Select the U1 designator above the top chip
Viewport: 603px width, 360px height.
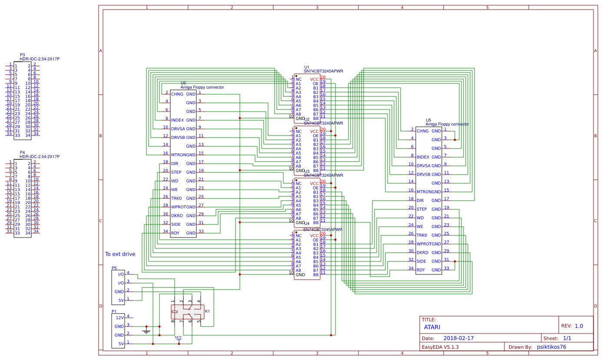pos(307,67)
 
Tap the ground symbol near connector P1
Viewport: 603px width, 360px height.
pos(146,331)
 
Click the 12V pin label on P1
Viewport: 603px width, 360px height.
pos(120,317)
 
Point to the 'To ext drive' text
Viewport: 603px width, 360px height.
pos(120,254)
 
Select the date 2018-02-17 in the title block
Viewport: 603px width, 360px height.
pos(458,338)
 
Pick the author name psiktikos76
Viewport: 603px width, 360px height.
pos(551,347)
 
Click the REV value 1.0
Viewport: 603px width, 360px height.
pos(579,326)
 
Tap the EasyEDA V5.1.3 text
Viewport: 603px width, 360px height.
pos(440,347)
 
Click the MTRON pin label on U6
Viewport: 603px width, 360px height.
pos(178,155)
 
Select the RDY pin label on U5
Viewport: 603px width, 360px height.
pos(421,270)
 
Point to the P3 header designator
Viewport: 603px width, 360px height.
pos(22,55)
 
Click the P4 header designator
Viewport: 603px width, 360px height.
pos(22,152)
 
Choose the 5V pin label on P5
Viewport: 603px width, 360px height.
pos(121,300)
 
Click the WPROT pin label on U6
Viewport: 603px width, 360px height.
pos(178,207)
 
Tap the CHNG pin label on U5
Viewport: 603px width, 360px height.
pos(422,131)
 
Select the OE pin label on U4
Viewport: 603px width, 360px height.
pos(316,240)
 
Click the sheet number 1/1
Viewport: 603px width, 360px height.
pos(567,338)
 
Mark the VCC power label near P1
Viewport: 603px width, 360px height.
pos(179,337)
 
